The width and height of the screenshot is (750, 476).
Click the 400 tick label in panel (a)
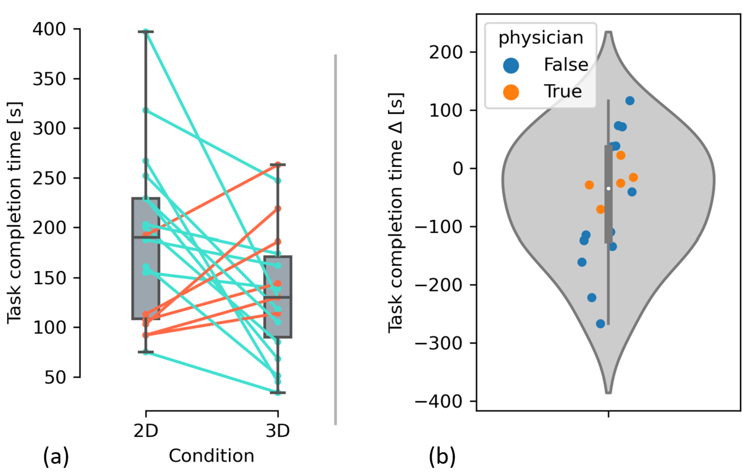tap(49, 30)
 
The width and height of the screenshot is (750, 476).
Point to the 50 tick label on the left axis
tap(55, 377)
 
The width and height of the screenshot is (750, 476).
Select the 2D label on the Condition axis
tap(146, 431)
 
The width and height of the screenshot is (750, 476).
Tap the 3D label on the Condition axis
tap(278, 431)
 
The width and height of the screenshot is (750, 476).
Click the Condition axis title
tap(211, 456)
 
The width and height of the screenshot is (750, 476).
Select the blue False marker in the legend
tap(511, 66)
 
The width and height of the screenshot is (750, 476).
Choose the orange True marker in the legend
tap(511, 92)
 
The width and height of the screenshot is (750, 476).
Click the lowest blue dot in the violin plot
tap(601, 324)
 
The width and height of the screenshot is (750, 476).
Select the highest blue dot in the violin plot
tap(630, 101)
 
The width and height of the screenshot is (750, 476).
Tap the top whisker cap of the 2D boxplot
tap(146, 32)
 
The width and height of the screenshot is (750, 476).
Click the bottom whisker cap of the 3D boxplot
tap(278, 393)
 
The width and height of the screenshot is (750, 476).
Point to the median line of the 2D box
tap(146, 238)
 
